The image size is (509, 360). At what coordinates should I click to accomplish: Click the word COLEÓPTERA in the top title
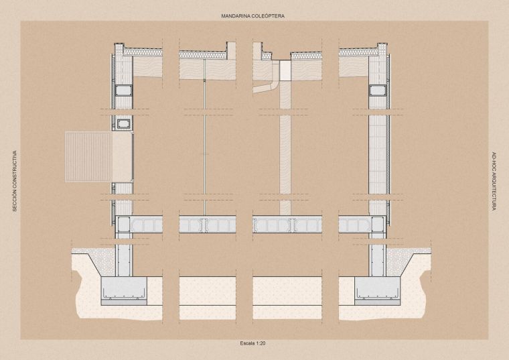(x=270, y=16)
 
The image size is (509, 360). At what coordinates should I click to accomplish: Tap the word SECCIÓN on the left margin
(x=15, y=203)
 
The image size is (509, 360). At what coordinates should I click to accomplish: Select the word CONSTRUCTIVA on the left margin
(x=15, y=172)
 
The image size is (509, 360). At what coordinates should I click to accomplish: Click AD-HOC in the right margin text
(x=494, y=162)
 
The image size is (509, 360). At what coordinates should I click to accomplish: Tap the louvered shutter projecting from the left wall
(x=89, y=157)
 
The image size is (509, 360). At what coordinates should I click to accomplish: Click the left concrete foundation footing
(x=124, y=288)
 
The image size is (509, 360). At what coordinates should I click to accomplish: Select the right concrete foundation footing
(x=377, y=288)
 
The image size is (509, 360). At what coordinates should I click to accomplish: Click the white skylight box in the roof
(x=285, y=70)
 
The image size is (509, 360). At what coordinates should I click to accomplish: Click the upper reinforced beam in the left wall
(x=123, y=91)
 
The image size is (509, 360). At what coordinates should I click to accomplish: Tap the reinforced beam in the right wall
(x=377, y=91)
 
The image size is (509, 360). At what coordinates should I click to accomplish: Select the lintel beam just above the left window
(x=123, y=123)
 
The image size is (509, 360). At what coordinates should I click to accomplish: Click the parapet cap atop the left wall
(x=119, y=44)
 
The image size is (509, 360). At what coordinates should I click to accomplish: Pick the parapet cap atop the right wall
(x=382, y=44)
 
